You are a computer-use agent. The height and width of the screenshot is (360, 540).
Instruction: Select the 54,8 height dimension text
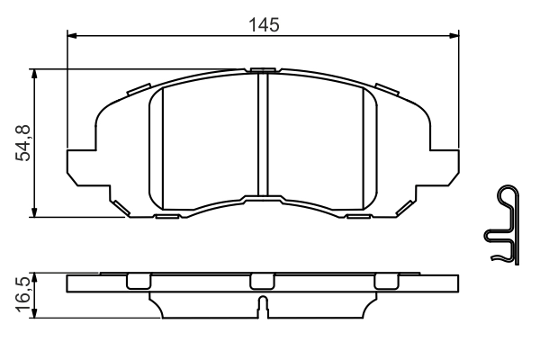24,142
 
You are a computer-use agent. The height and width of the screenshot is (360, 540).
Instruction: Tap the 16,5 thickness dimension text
24,293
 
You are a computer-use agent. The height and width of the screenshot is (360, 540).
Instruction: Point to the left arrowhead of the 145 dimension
73,37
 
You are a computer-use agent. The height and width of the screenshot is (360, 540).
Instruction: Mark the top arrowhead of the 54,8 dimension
34,73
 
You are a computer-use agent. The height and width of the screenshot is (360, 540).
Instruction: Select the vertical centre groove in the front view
264,135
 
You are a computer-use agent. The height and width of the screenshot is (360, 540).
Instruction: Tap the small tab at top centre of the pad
264,70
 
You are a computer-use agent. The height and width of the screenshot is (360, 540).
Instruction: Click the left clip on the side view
137,280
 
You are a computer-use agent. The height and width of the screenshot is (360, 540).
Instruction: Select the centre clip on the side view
261,280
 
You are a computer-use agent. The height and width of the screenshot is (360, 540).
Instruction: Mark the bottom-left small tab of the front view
166,216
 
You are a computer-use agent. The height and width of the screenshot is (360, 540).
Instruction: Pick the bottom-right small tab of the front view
359,216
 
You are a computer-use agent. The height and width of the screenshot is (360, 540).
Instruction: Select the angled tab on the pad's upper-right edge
388,88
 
